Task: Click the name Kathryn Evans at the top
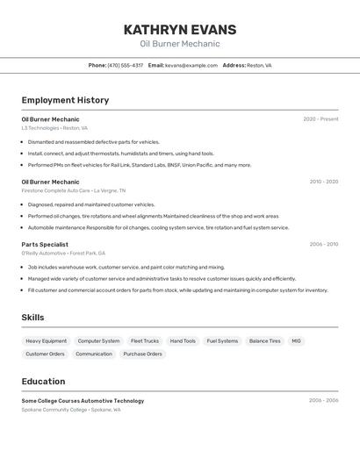pyautogui.click(x=179, y=30)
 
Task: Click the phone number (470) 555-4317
pyautogui.click(x=126, y=65)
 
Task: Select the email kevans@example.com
pyautogui.click(x=191, y=65)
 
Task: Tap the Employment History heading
pyautogui.click(x=65, y=100)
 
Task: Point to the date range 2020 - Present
pyautogui.click(x=320, y=118)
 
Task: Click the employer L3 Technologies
pyautogui.click(x=40, y=128)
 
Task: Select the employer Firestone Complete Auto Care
pyautogui.click(x=55, y=190)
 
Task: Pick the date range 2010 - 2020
pyautogui.click(x=323, y=182)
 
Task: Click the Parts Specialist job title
pyautogui.click(x=45, y=244)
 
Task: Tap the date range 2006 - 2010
pyautogui.click(x=323, y=244)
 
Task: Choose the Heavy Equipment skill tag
pyautogui.click(x=46, y=340)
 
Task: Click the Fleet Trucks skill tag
pyautogui.click(x=145, y=340)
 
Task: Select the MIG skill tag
pyautogui.click(x=296, y=340)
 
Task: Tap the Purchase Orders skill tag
pyautogui.click(x=142, y=354)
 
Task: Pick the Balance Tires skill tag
pyautogui.click(x=264, y=340)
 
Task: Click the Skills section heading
pyautogui.click(x=32, y=318)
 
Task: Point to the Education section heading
pyautogui.click(x=43, y=382)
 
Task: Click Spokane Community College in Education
pyautogui.click(x=54, y=410)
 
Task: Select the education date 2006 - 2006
pyautogui.click(x=323, y=400)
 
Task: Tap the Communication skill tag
pyautogui.click(x=94, y=354)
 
